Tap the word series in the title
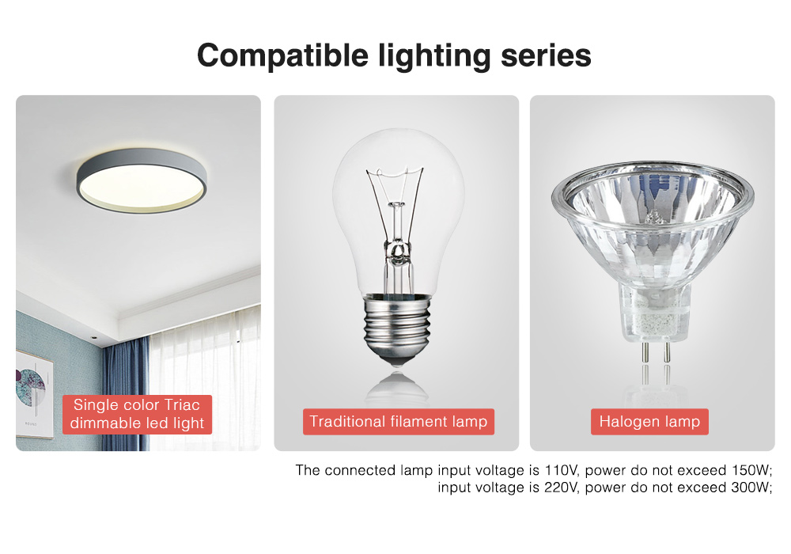[x=546, y=55]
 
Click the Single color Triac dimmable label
[x=138, y=414]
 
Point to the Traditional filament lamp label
[x=398, y=422]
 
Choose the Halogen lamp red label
[x=649, y=422]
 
